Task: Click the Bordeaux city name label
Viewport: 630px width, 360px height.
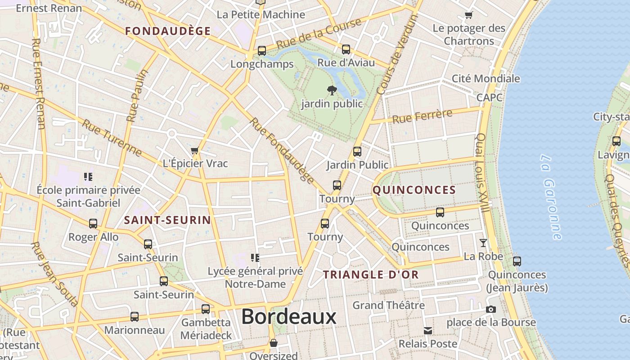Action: [288, 316]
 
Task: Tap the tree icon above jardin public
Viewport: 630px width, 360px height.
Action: [332, 90]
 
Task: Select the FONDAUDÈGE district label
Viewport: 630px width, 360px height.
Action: [168, 31]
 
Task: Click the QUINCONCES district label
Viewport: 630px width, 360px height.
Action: [414, 190]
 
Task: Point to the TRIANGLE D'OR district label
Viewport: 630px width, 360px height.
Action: [371, 274]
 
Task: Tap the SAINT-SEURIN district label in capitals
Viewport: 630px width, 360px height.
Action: [167, 220]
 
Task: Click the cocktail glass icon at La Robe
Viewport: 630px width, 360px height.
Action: [483, 243]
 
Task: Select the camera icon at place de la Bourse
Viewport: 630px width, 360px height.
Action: [491, 309]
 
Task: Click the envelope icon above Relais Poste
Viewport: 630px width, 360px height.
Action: [428, 331]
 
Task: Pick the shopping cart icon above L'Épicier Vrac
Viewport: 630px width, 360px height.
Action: [195, 150]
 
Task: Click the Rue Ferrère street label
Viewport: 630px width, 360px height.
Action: [422, 116]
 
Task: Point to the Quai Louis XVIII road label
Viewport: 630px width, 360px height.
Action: [482, 173]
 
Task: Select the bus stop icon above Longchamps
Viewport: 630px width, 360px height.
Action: [262, 51]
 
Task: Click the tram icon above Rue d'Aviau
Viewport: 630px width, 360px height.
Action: [346, 49]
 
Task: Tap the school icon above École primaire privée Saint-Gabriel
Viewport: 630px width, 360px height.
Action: [88, 176]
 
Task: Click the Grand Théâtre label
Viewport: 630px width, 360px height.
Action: [388, 305]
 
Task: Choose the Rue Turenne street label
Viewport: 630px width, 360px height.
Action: [112, 137]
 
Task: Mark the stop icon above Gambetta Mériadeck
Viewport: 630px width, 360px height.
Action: [206, 309]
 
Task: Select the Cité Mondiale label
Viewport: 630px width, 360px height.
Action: [486, 78]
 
